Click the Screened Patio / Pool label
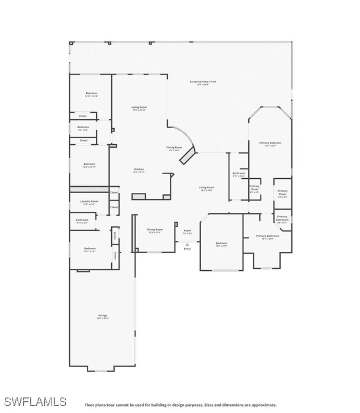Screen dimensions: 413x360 [x=203, y=82]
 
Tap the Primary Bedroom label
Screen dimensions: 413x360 [x=270, y=143]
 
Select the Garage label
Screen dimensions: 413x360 [x=103, y=315]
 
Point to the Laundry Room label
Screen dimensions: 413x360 [x=89, y=201]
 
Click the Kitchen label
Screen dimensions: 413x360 [x=139, y=169]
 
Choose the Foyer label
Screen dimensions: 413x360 [x=187, y=231]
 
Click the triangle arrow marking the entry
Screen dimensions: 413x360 [x=187, y=244]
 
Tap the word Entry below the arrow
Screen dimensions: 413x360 [x=187, y=248]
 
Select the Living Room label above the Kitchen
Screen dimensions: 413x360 [x=139, y=107]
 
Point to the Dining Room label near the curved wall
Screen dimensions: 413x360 [x=174, y=147]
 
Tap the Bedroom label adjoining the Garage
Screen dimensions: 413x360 [x=89, y=248]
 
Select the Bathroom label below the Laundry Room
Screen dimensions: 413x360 [x=82, y=220]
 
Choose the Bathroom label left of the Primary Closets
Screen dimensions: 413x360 [x=239, y=173]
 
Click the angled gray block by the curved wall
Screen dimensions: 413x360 [x=187, y=156]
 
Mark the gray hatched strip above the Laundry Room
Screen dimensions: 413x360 [x=89, y=189]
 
